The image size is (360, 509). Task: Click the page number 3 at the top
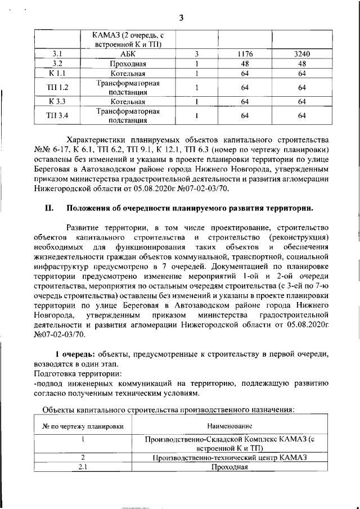click(181, 17)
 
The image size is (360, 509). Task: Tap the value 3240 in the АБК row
click(301, 54)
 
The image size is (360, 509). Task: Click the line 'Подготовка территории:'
click(77, 373)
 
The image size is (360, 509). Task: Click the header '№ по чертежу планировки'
click(83, 426)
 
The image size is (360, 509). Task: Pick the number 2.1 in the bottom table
click(83, 467)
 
